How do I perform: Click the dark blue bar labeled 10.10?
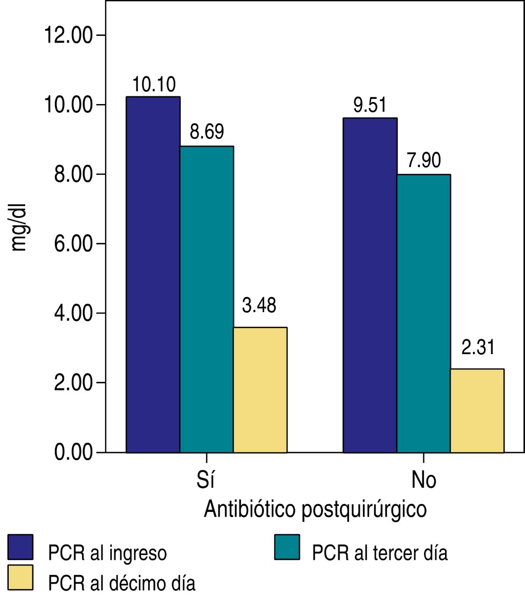point(153,274)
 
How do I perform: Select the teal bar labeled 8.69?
point(207,299)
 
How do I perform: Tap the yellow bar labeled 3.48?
point(260,389)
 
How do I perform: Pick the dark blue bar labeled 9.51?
point(370,285)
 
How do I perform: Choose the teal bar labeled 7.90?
point(423,313)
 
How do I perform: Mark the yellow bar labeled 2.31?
point(477,411)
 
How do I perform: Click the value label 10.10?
point(153,84)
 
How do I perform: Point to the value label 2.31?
point(477,348)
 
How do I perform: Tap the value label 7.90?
point(423,161)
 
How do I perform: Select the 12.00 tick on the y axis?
point(68,35)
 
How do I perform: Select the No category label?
point(423,480)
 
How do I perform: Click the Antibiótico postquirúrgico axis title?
point(315,510)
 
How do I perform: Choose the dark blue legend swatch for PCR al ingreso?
point(21,547)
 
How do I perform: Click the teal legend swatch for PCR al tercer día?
point(287,547)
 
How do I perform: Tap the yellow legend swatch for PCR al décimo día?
point(21,578)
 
